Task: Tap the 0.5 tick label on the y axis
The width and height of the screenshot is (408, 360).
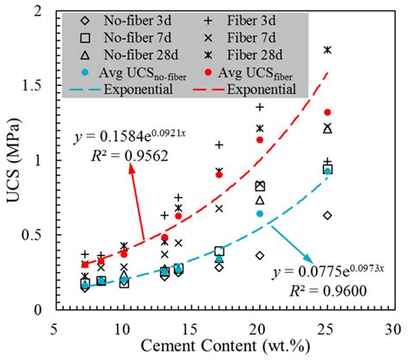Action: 38,234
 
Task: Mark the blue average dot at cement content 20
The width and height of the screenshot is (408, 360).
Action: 260,213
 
